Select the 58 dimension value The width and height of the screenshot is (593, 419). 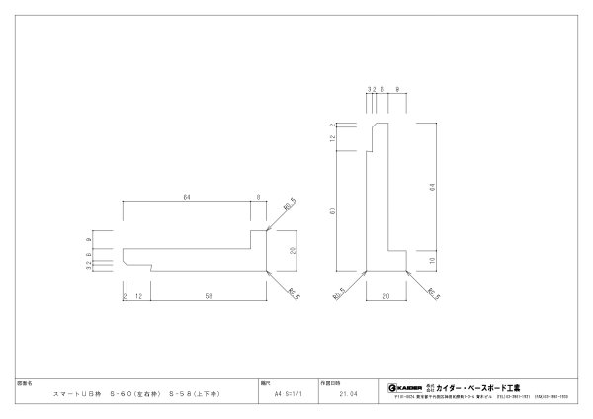point(208,295)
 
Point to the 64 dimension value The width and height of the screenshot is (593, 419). point(431,187)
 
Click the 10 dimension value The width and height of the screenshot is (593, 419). point(431,260)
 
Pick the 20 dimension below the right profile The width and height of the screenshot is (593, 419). point(386,295)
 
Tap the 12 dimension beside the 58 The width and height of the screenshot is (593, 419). point(137,295)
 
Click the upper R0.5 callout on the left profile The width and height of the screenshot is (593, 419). point(290,207)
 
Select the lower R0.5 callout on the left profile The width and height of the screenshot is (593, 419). point(293,292)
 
